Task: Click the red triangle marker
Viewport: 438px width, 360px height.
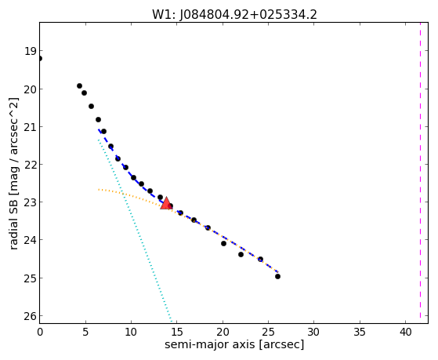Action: (x=166, y=203)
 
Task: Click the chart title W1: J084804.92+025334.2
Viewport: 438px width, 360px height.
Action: (x=234, y=15)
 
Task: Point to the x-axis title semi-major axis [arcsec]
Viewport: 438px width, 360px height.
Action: (x=234, y=344)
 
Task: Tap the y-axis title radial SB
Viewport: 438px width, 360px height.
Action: (x=13, y=222)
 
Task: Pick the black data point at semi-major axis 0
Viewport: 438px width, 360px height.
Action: (x=39, y=59)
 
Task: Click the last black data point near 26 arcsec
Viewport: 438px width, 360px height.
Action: (x=277, y=276)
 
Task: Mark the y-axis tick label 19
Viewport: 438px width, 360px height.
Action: (x=30, y=52)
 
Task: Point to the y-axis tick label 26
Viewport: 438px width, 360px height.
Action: (x=30, y=316)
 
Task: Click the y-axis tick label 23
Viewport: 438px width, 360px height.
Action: (x=30, y=202)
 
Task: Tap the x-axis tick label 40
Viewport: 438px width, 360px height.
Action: (x=405, y=332)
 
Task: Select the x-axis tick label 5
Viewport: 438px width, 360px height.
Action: (x=85, y=332)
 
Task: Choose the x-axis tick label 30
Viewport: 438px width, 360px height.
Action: (x=314, y=332)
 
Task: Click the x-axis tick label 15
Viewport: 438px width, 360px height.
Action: (x=177, y=332)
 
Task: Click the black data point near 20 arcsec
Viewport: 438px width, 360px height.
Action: (x=223, y=244)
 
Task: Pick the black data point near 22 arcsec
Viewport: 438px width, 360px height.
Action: (x=241, y=255)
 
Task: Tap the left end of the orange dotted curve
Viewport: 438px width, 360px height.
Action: (x=98, y=190)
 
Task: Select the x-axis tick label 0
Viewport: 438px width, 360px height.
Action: (x=40, y=332)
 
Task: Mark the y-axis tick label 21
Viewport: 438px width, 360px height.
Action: (x=30, y=127)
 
